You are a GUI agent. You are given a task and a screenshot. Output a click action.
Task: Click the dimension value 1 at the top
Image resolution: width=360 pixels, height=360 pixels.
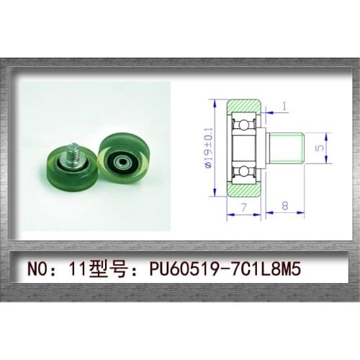[284, 107]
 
